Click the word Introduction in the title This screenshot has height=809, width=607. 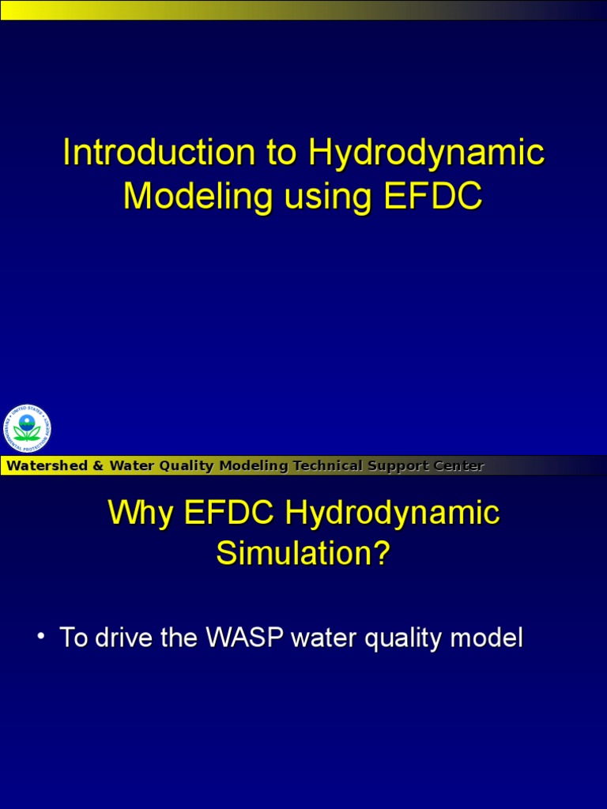(159, 152)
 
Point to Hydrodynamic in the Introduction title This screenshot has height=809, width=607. (426, 152)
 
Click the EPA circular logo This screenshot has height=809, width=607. (27, 429)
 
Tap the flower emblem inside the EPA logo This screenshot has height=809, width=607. (27, 430)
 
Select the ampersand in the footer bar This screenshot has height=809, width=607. (98, 466)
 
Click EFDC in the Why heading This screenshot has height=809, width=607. (229, 513)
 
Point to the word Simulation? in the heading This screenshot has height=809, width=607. (303, 553)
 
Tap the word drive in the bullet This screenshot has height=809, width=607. (125, 638)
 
